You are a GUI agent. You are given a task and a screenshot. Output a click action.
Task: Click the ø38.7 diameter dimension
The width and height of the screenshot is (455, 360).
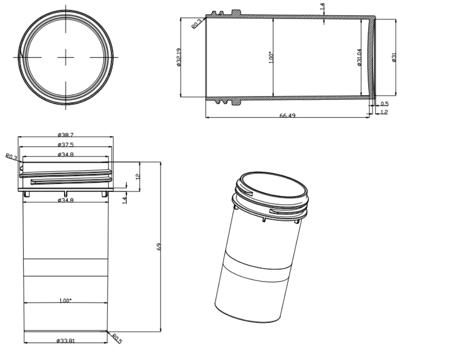point(65,134)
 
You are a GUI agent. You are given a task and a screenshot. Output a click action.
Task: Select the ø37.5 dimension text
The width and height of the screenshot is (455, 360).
point(65,144)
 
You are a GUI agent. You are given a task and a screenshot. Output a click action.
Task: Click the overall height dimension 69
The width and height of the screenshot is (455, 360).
point(159,247)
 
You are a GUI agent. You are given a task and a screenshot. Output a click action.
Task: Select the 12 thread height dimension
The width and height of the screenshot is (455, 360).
point(138,176)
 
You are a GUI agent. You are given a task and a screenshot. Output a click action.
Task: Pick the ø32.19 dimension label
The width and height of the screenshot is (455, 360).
point(178,57)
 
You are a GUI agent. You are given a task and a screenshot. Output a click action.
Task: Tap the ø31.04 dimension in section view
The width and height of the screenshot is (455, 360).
point(359,57)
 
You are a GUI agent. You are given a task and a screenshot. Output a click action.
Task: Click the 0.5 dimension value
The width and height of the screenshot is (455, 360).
point(385,104)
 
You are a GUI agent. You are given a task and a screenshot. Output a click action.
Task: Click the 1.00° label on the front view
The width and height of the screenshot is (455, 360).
point(65,300)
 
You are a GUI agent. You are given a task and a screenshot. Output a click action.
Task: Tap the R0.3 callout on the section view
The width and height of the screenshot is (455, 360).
point(197,24)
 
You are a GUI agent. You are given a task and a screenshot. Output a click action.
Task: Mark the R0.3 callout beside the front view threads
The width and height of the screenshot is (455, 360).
point(11,157)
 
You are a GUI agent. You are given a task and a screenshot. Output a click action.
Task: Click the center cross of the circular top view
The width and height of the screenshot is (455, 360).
point(65,57)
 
